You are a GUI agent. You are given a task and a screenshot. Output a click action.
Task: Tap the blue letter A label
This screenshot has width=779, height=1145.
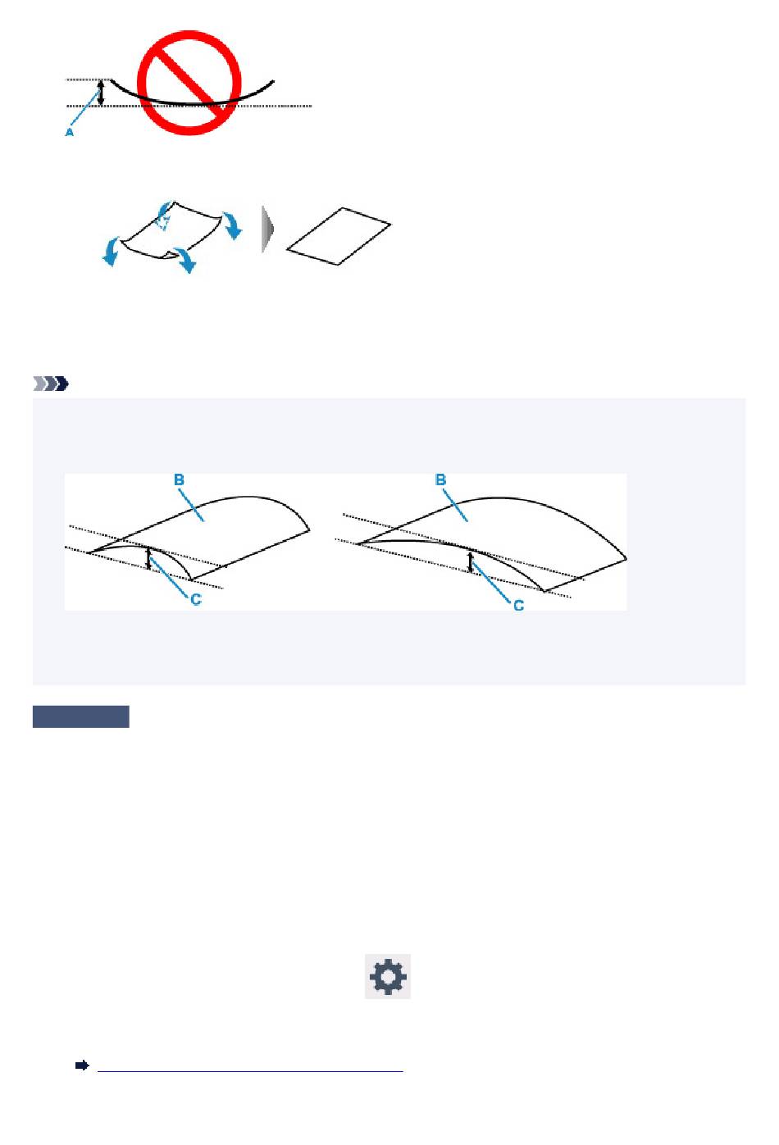point(70,133)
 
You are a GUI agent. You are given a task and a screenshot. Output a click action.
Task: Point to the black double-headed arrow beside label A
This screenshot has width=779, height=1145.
point(101,93)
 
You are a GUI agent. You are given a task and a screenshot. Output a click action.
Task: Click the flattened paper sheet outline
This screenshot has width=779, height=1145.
point(339,236)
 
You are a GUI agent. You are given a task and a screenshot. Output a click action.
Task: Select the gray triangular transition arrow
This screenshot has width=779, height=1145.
point(267,229)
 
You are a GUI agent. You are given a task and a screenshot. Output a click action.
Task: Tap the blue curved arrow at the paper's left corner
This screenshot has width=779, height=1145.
point(111,251)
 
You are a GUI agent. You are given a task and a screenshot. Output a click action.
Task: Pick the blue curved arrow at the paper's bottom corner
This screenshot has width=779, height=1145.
point(185,260)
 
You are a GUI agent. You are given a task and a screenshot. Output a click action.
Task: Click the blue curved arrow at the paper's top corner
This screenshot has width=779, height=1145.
point(164,216)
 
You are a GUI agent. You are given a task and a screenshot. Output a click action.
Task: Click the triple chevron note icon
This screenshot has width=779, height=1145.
point(51,384)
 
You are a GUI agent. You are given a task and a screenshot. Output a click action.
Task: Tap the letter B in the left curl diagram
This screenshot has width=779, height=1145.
point(179,479)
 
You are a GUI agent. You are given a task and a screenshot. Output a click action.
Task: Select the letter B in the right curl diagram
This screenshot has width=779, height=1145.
point(440,479)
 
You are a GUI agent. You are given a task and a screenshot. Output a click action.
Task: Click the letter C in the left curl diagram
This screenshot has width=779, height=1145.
point(196,599)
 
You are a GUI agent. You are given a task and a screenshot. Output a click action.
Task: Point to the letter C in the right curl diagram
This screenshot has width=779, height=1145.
point(519,606)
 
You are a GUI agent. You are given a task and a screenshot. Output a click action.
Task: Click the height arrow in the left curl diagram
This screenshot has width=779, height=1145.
point(149,559)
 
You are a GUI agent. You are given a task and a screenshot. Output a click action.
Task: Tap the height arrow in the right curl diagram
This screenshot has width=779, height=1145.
point(471,561)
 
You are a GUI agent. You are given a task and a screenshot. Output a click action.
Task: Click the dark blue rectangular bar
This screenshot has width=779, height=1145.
point(81,716)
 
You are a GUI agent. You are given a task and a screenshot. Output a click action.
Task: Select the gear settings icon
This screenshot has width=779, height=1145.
point(388,976)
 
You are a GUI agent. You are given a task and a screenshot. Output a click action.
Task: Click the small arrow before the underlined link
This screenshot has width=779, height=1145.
point(82,1065)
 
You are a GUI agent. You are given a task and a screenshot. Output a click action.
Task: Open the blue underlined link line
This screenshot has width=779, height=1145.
point(250,1071)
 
